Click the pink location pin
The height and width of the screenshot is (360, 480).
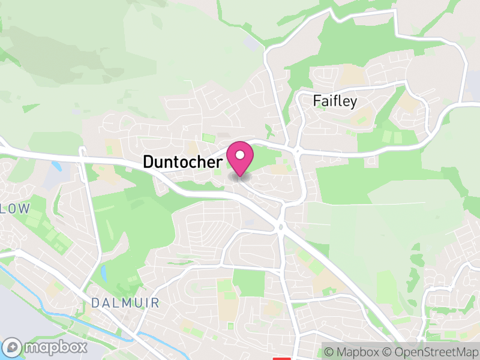tap(240, 158)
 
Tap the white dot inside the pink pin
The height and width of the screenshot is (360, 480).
tap(240, 155)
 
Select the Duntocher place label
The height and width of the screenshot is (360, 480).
tap(183, 161)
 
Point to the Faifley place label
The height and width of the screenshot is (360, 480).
tap(335, 101)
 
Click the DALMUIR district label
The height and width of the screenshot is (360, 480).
tap(125, 303)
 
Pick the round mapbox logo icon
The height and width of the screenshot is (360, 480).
tap(13, 347)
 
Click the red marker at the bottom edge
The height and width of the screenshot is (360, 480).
tap(281, 358)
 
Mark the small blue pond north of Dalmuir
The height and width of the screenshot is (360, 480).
tap(104, 273)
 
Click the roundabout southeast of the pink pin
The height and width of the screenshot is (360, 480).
tap(280, 226)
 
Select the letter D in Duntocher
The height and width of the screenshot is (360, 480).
tap(148, 161)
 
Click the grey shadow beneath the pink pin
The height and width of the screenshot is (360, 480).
tap(240, 176)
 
